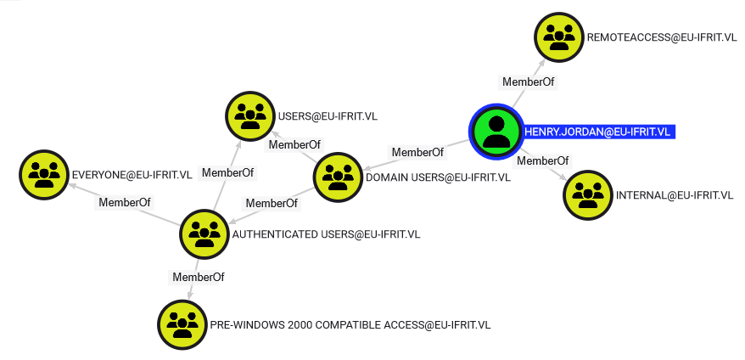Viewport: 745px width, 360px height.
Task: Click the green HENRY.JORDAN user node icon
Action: point(496,132)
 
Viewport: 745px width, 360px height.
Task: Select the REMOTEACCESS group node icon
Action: point(558,37)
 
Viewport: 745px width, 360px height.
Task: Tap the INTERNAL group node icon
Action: point(588,195)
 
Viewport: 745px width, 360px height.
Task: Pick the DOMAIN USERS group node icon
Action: point(338,177)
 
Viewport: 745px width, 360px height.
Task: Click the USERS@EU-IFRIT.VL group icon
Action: point(250,116)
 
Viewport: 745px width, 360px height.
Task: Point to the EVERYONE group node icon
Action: point(44,175)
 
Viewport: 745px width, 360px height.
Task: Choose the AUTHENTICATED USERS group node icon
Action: point(204,234)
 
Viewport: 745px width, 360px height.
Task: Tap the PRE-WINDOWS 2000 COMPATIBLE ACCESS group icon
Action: point(182,325)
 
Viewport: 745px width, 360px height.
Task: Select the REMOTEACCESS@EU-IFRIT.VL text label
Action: point(662,37)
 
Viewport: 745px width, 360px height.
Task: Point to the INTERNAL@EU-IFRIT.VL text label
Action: point(675,195)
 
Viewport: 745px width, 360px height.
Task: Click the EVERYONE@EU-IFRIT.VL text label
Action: point(132,175)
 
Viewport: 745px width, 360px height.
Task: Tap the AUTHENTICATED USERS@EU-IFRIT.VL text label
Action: point(326,234)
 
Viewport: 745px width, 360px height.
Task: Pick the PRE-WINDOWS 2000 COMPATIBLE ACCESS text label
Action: point(350,325)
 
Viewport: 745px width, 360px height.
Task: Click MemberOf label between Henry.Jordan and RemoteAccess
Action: point(529,82)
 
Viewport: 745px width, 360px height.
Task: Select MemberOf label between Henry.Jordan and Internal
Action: point(542,160)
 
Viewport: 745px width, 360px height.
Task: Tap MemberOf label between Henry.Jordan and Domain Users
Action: point(417,153)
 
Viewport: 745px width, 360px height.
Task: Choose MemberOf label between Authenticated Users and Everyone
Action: point(125,203)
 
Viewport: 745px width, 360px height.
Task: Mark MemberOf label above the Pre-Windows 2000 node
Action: point(198,278)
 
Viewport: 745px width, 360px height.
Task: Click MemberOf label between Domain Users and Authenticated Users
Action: point(272,204)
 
